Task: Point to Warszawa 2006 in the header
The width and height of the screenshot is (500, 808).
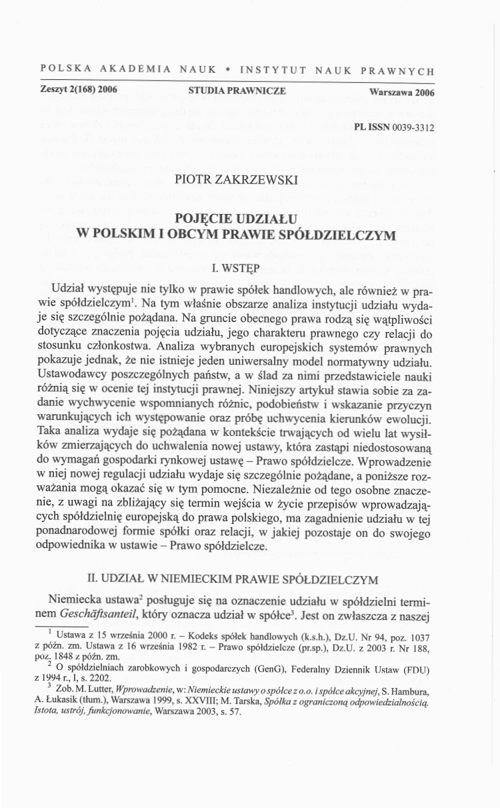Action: pos(401,93)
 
